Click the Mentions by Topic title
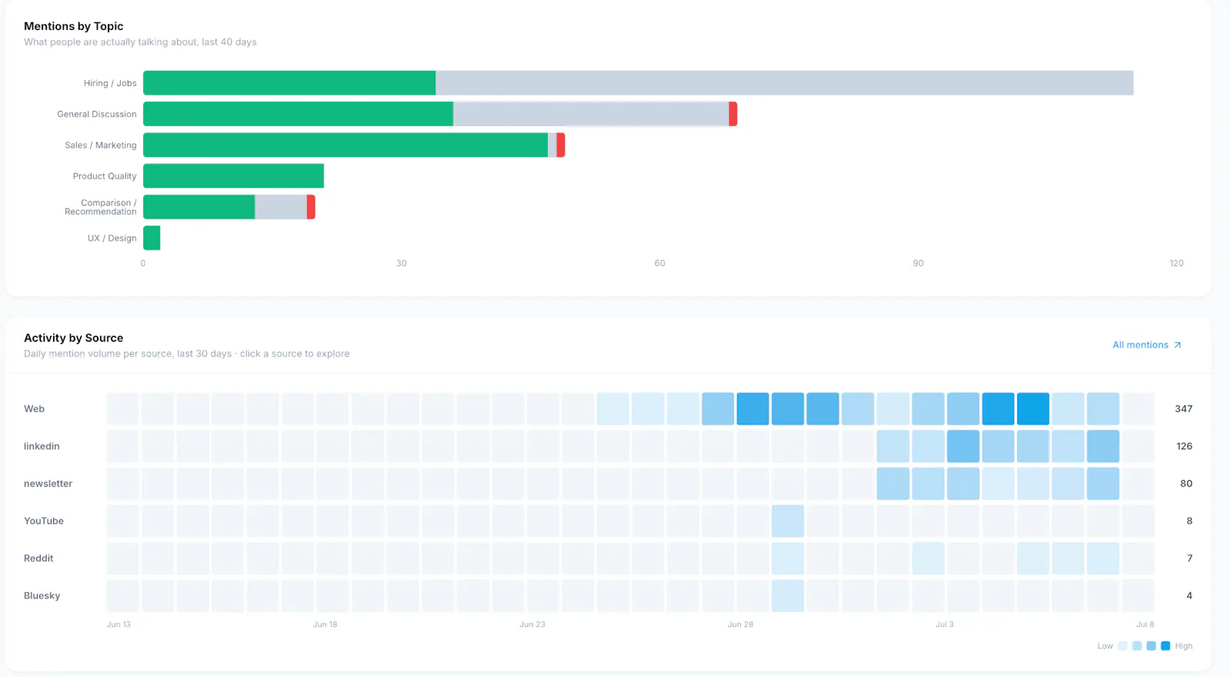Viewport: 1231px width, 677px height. coord(73,26)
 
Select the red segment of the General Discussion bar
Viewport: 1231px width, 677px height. coord(732,114)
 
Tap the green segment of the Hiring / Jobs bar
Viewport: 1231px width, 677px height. coord(289,83)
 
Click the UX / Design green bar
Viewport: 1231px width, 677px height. coord(152,238)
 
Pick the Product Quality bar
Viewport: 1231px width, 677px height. coord(234,176)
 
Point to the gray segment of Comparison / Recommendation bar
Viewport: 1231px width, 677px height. coord(281,207)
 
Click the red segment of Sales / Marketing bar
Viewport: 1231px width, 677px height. coord(561,145)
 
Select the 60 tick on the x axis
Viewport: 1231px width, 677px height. coord(659,263)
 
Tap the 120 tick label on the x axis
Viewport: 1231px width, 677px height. coord(1176,263)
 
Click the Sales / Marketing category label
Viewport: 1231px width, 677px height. coord(101,145)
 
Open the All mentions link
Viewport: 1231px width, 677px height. coord(1146,345)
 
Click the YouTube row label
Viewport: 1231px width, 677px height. coord(43,520)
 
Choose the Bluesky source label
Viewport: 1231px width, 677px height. coord(42,595)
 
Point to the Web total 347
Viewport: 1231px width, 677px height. coord(1183,409)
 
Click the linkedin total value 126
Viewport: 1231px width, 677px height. coord(1184,445)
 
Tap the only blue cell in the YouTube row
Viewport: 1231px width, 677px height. coord(788,521)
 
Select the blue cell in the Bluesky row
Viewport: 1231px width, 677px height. coord(788,595)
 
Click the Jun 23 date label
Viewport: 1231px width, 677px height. coord(532,624)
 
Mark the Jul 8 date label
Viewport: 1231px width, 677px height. coord(1145,624)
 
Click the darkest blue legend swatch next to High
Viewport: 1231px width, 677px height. coord(1165,645)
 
